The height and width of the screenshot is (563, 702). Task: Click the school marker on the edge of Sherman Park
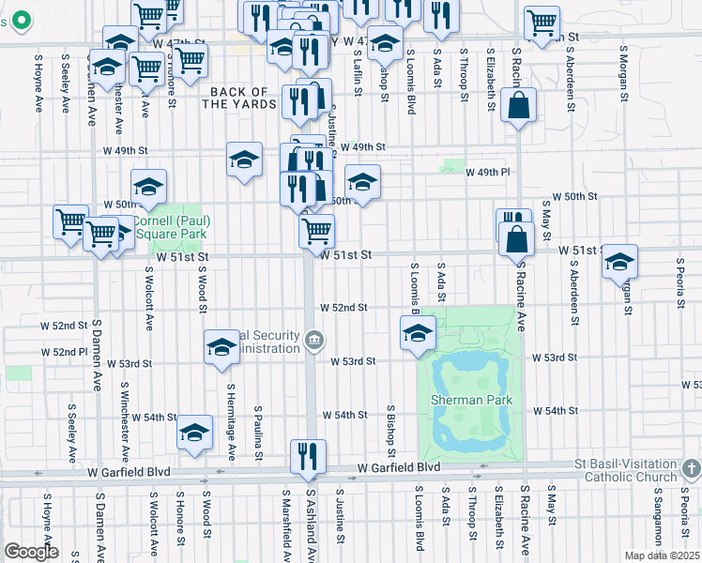[x=419, y=332]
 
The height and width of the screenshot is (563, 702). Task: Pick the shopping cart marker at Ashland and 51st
[x=317, y=230]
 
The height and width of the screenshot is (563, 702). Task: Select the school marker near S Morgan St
[x=619, y=262]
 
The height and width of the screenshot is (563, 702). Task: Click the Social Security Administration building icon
[x=315, y=340]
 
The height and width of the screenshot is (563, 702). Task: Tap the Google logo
[x=30, y=552]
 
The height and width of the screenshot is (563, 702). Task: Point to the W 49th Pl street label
[x=493, y=173]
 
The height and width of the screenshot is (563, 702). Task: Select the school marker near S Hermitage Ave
[x=221, y=347]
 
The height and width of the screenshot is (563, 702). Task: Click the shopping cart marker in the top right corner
[x=542, y=23]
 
